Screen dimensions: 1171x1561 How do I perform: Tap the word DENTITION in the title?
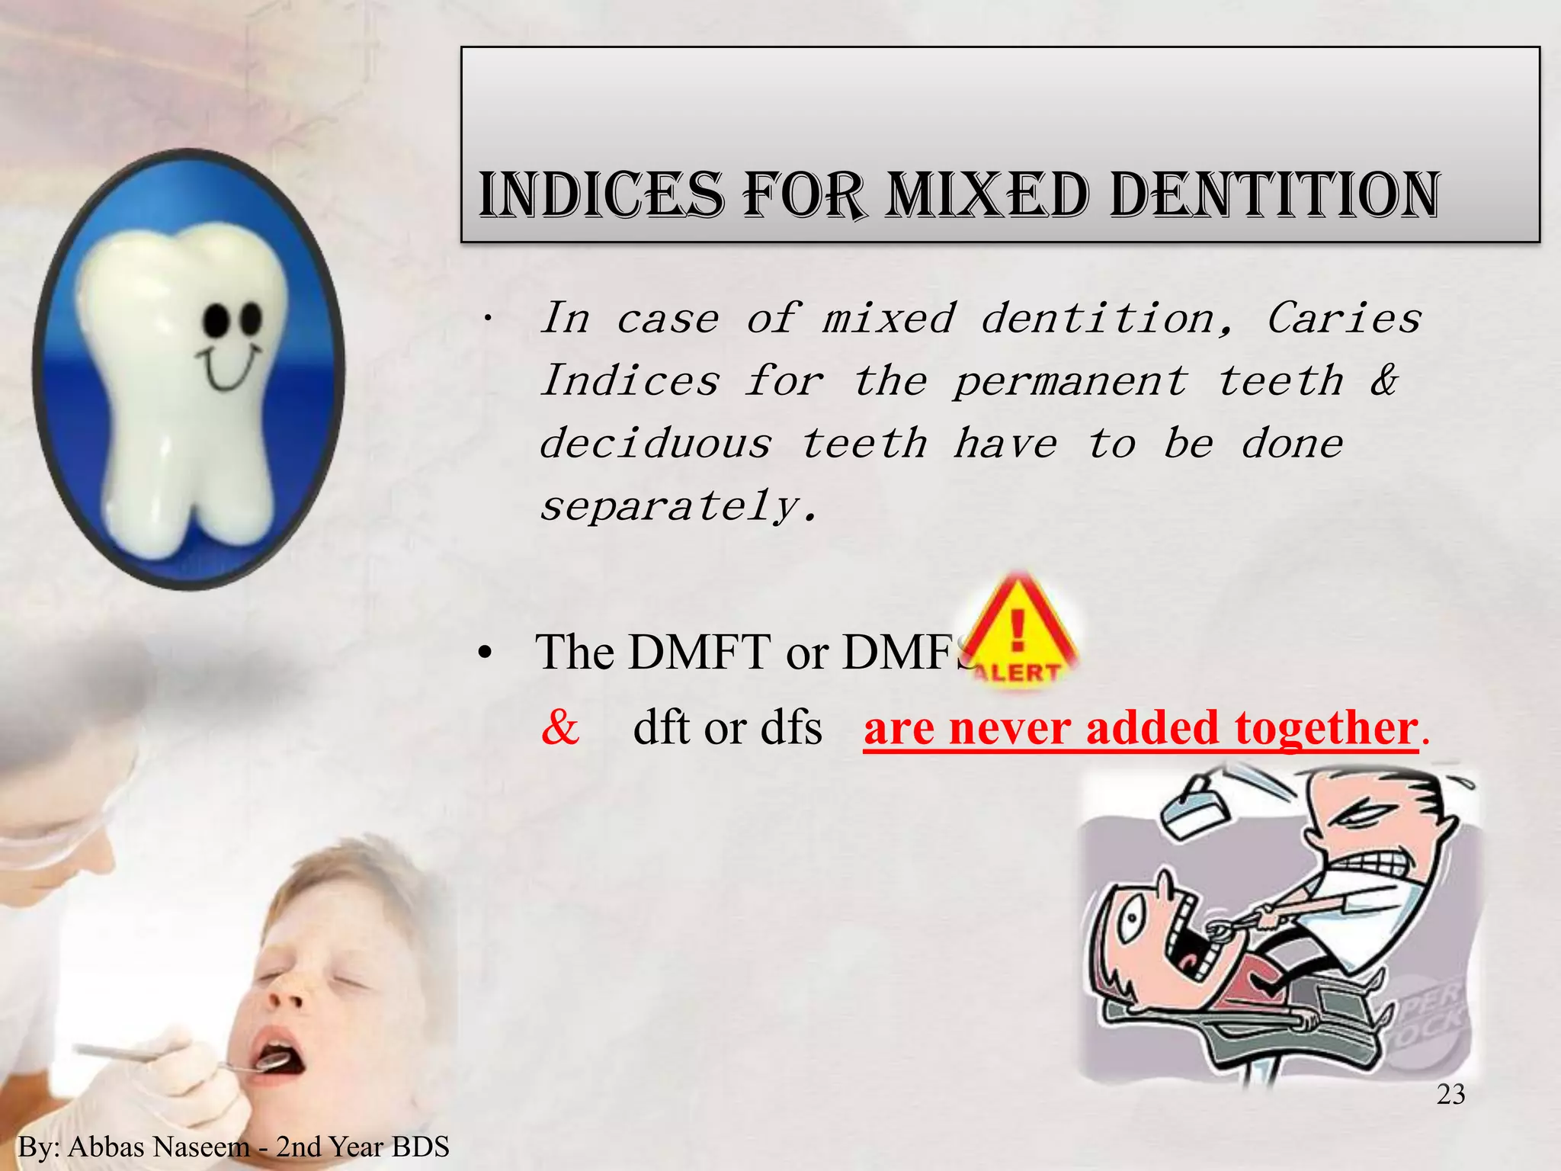[x=1274, y=196]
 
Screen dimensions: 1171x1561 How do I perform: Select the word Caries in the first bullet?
[x=1344, y=318]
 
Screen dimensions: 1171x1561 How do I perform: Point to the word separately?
[x=678, y=506]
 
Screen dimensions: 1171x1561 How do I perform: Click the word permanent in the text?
[x=1070, y=381]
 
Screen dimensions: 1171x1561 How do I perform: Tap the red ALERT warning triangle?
[x=1018, y=633]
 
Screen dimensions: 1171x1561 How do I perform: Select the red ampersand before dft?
[x=560, y=727]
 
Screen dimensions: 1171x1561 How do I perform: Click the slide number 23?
[x=1450, y=1095]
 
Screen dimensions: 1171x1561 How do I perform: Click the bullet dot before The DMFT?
[x=483, y=654]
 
